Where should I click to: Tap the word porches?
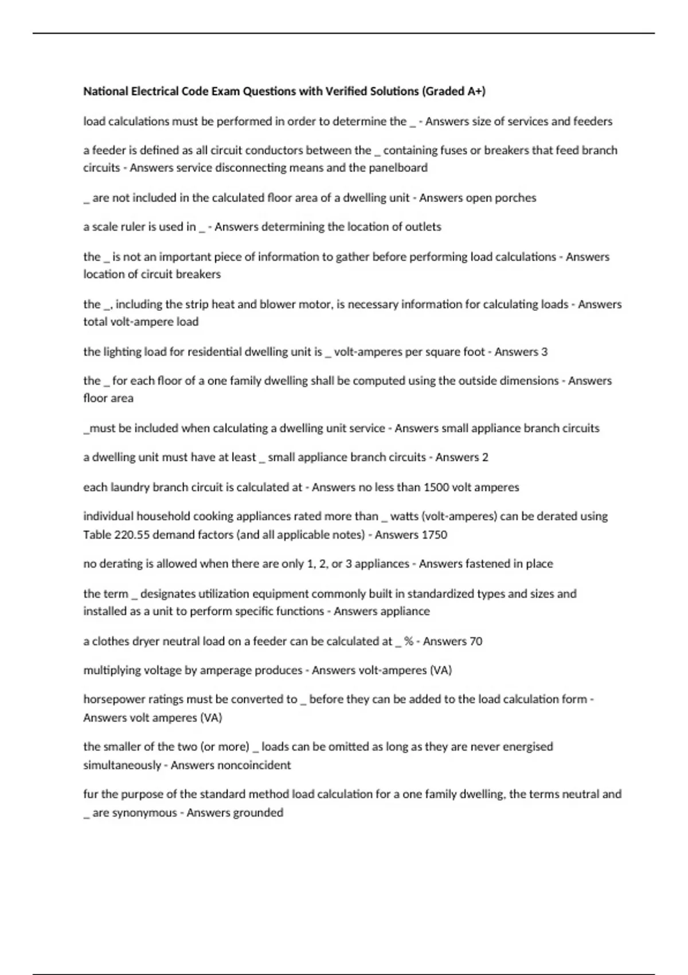coord(517,198)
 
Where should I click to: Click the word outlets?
coord(423,227)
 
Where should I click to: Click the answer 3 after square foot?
coord(544,352)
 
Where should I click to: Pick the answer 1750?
coord(434,535)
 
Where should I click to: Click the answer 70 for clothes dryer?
coord(476,641)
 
